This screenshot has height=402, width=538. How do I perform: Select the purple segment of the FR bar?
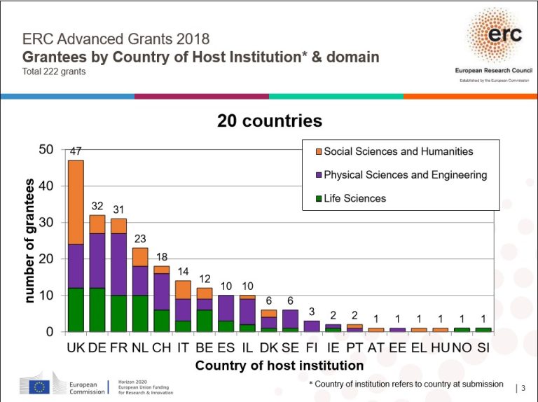(x=118, y=264)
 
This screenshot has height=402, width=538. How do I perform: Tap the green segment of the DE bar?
(x=97, y=310)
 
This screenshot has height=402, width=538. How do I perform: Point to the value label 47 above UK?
(x=76, y=151)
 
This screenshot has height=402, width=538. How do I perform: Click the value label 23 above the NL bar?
(x=140, y=238)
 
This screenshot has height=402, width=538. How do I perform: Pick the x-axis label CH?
(x=161, y=348)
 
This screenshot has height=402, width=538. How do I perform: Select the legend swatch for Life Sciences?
(x=316, y=198)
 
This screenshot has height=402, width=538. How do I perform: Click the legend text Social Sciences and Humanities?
(x=398, y=151)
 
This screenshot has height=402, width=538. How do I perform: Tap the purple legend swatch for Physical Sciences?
(x=316, y=175)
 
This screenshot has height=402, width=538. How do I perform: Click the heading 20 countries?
(x=269, y=120)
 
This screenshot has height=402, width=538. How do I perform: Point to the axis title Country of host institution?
(x=279, y=366)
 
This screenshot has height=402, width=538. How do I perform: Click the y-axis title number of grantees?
(x=29, y=241)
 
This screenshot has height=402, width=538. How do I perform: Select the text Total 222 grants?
(x=55, y=71)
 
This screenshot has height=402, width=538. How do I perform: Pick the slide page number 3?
(x=523, y=388)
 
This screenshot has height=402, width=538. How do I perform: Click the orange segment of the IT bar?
(x=184, y=290)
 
